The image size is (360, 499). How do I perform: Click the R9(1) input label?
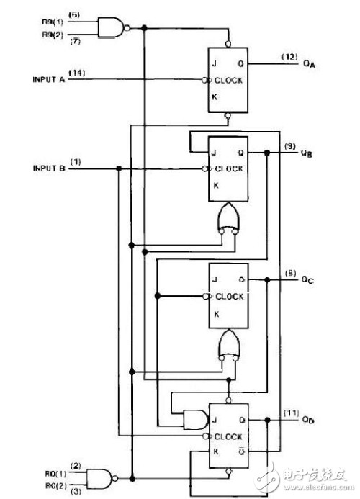coord(53,22)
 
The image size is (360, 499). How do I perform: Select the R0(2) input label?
coord(56,486)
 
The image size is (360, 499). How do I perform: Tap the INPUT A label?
coord(49,79)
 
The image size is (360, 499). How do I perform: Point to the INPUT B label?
coord(49,168)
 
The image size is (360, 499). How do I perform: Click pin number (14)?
coord(77,73)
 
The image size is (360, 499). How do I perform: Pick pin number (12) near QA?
coord(289,58)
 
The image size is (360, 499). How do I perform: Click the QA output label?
coord(309,64)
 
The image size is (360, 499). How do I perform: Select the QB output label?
coord(307,153)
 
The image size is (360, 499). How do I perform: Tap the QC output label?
coord(307,280)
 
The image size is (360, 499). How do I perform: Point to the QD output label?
coord(308,420)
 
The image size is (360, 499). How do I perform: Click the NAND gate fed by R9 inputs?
coord(114,28)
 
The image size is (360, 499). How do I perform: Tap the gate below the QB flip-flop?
coord(228,218)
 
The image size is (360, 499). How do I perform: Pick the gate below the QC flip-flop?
coord(228,346)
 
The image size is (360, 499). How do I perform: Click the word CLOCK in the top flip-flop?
coord(228,81)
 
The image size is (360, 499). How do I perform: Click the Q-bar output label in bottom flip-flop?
coord(242,451)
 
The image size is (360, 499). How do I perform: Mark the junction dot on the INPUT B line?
coord(119,168)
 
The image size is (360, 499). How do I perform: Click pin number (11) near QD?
coord(291,413)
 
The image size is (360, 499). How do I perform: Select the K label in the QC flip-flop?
coord(217,315)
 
